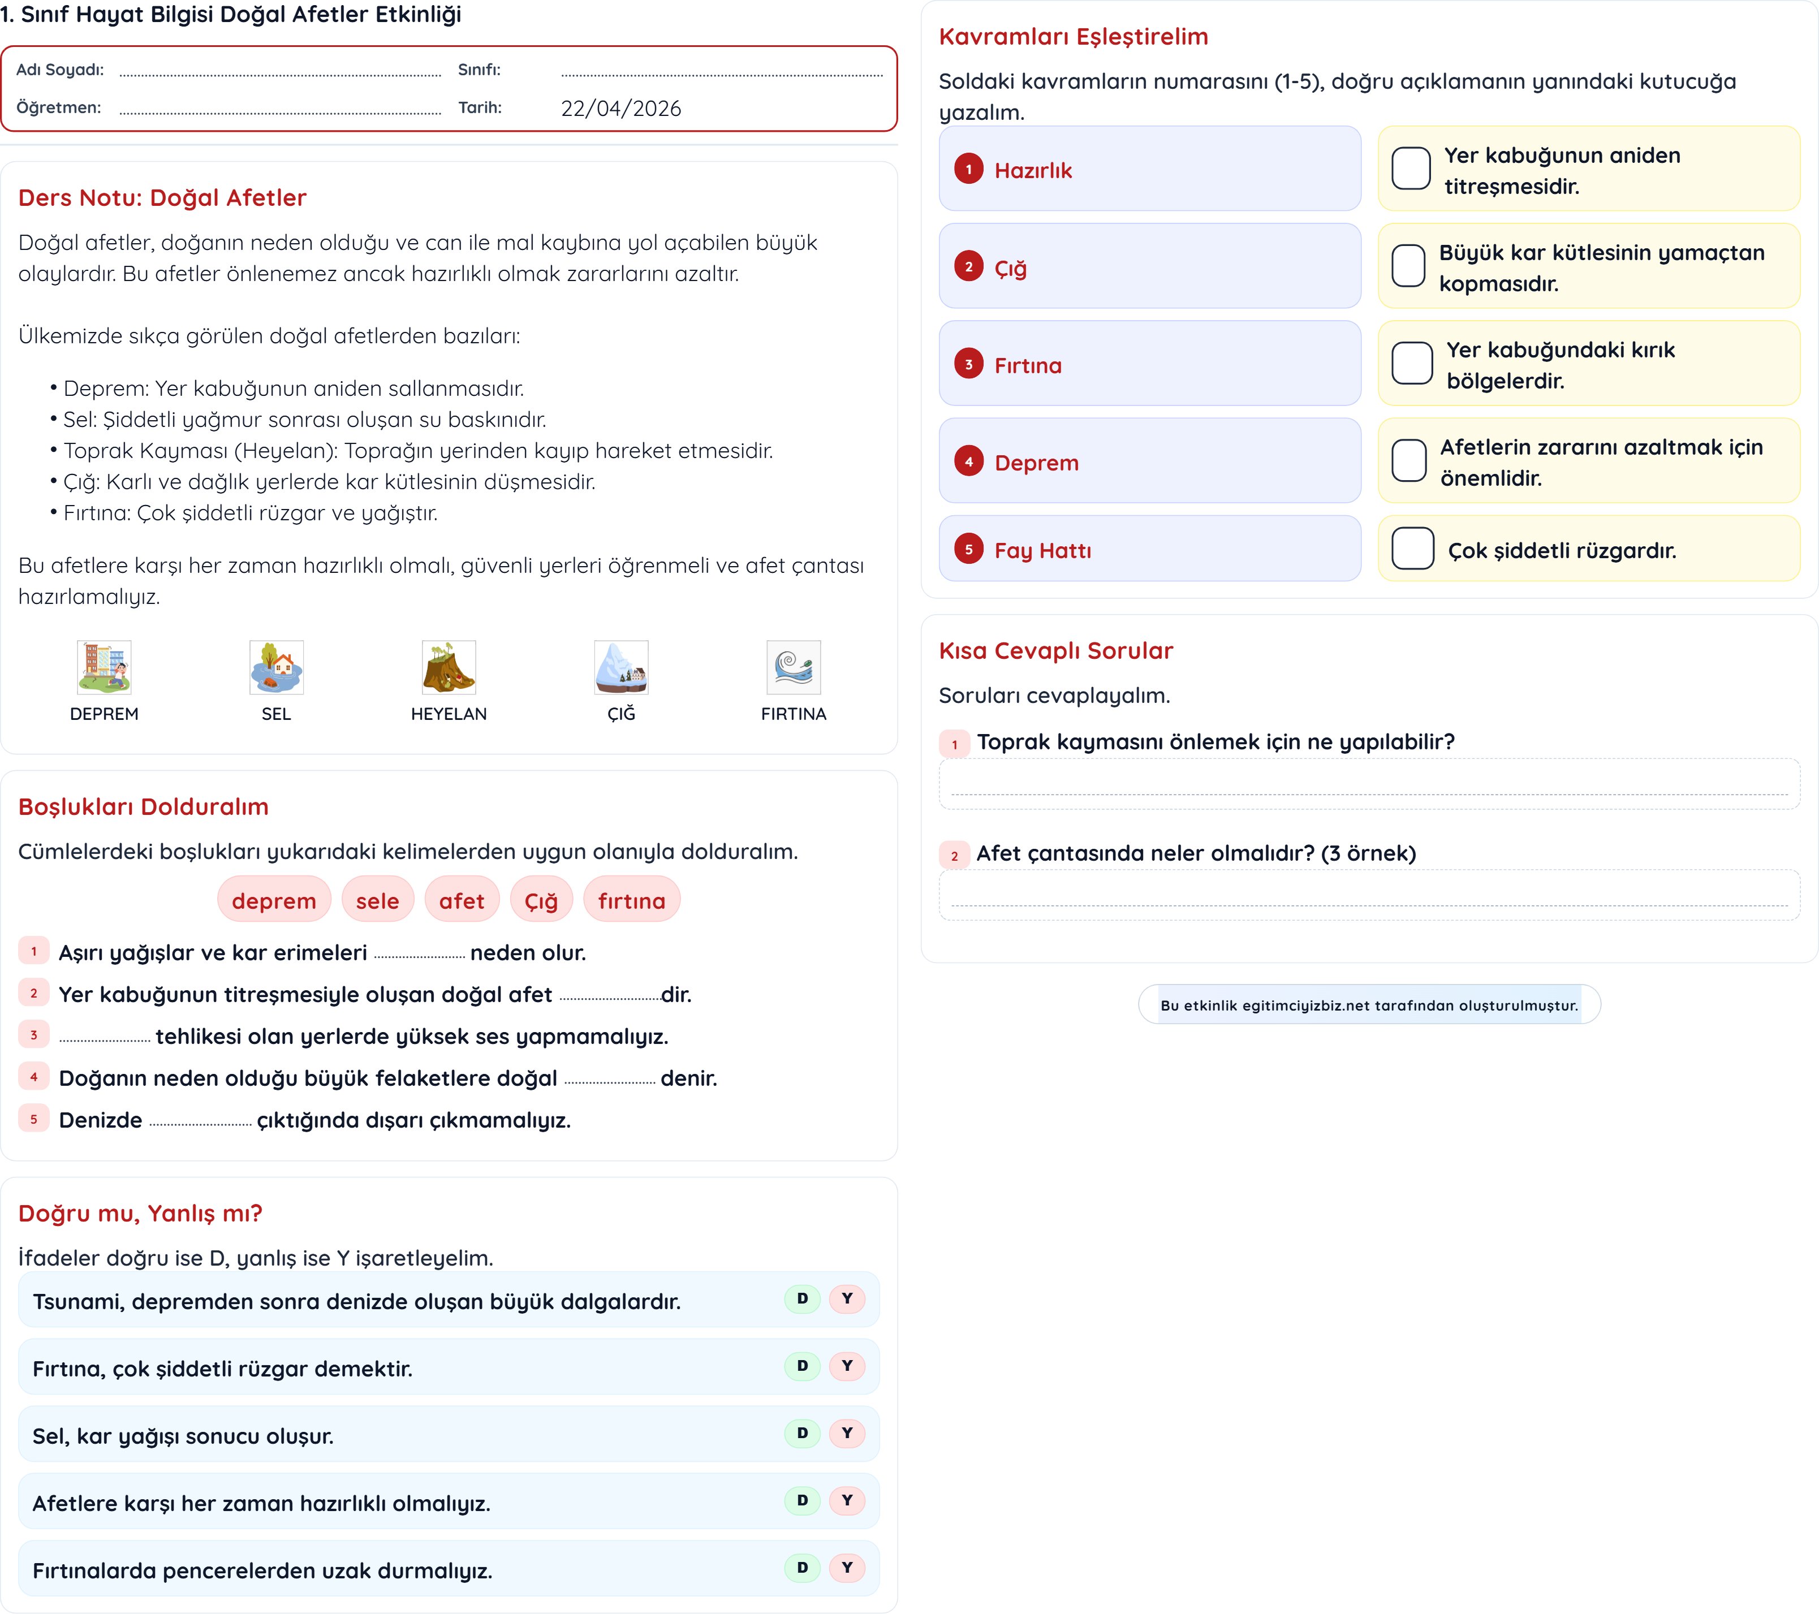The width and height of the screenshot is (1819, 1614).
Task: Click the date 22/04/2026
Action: [x=620, y=109]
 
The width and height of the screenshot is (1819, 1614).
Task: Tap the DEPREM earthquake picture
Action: [x=104, y=667]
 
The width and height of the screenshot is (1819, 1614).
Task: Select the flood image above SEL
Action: [x=276, y=667]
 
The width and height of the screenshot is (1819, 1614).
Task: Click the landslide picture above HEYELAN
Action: [x=449, y=667]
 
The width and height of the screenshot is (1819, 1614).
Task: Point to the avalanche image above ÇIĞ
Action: [x=621, y=667]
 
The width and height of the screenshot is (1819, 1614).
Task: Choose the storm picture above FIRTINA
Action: [x=793, y=667]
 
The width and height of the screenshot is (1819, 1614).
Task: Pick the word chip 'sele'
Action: [x=377, y=900]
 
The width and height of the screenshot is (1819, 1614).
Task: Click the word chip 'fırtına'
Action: [x=631, y=900]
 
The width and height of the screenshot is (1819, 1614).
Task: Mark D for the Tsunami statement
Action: [x=802, y=1298]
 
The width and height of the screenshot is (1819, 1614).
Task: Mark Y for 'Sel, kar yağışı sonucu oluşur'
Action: [x=846, y=1432]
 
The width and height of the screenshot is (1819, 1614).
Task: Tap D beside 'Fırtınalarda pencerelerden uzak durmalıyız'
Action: [x=802, y=1567]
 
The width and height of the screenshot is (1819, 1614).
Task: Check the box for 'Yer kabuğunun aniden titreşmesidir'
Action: [x=1411, y=168]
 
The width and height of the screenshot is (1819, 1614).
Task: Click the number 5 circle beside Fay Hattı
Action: [x=968, y=549]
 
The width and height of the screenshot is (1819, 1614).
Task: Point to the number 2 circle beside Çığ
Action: [x=968, y=266]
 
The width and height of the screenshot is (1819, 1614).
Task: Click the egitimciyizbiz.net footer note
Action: [x=1369, y=1004]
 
